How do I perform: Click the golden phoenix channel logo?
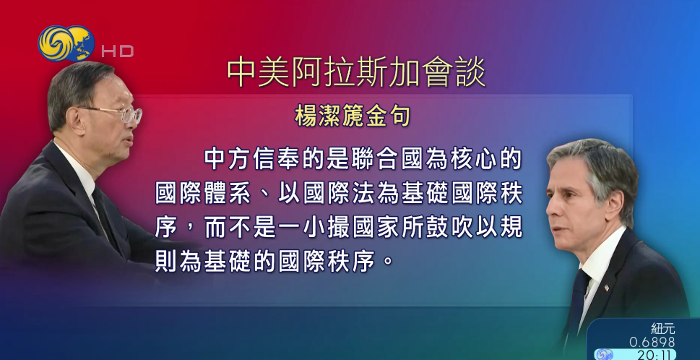66,43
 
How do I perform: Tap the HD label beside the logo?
117,51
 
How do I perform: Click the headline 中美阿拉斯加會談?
356,73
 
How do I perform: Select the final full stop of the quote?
389,261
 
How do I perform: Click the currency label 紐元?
662,328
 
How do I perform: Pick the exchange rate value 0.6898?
652,342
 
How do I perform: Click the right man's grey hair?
596,159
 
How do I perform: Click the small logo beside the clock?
604,354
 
